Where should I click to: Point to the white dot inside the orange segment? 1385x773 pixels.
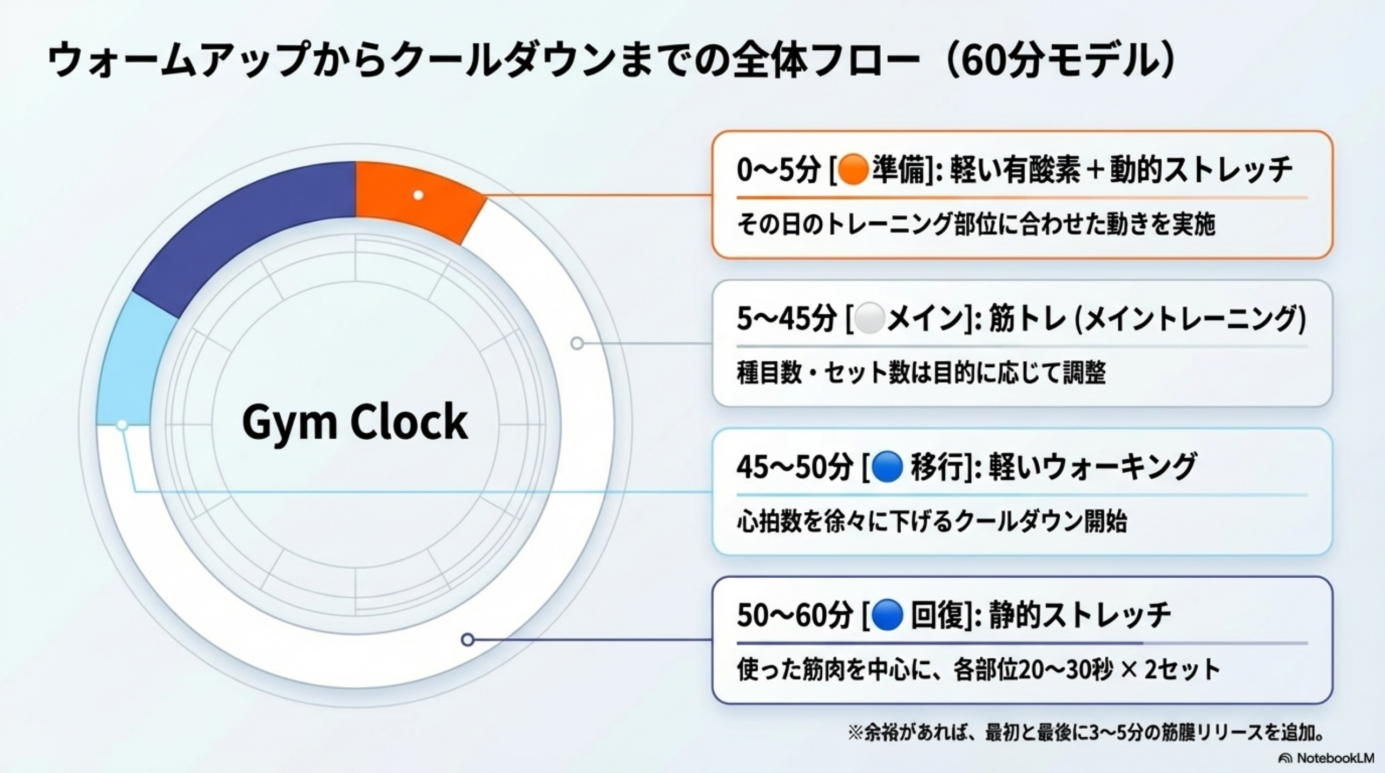pos(418,195)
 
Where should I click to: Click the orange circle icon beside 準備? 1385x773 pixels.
pos(853,170)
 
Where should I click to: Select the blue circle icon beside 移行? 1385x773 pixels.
pos(887,467)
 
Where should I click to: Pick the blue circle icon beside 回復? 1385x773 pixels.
pos(887,616)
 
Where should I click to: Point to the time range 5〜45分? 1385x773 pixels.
pos(787,319)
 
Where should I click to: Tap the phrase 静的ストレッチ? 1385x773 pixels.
pos(1080,616)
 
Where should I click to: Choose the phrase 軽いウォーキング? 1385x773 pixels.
pos(1093,467)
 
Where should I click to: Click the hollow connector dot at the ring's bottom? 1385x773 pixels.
pos(468,640)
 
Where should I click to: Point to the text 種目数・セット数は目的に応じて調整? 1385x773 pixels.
pos(921,373)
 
